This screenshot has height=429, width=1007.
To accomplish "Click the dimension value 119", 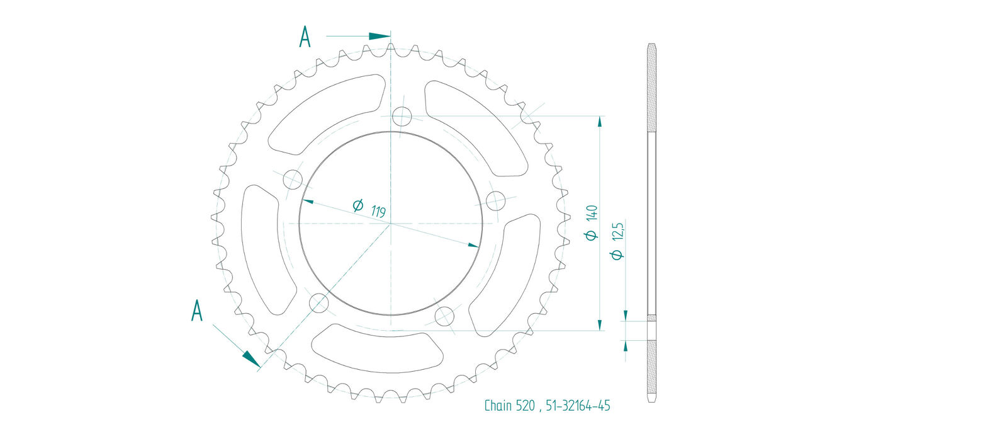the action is click(378, 212).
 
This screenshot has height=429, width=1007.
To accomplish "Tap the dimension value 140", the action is click(592, 212).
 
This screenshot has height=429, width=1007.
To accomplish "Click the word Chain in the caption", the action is click(498, 406).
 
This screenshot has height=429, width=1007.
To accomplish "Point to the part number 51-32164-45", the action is click(578, 406).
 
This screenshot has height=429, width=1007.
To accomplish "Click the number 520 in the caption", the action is click(525, 406).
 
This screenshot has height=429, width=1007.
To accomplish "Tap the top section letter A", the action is click(305, 37).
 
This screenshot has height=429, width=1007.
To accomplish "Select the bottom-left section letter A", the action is click(197, 311).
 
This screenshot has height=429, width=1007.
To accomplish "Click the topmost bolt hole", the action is click(402, 117).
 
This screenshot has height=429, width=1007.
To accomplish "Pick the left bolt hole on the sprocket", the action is click(293, 180).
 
